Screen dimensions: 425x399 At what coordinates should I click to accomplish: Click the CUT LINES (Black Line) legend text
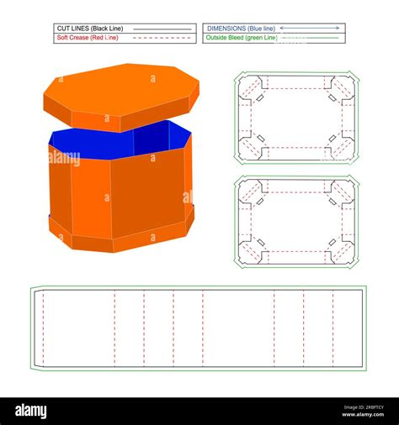(x=87, y=29)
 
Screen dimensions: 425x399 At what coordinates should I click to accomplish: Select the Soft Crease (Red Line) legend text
(x=87, y=38)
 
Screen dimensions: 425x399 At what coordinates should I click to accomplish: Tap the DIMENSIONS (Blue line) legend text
(x=240, y=29)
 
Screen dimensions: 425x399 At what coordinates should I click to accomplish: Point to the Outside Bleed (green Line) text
(x=241, y=38)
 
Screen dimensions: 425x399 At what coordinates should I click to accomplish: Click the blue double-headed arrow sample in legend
(x=310, y=29)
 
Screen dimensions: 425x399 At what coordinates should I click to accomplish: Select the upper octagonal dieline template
(x=296, y=118)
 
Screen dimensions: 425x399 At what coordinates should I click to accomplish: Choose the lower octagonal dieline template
(x=296, y=222)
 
